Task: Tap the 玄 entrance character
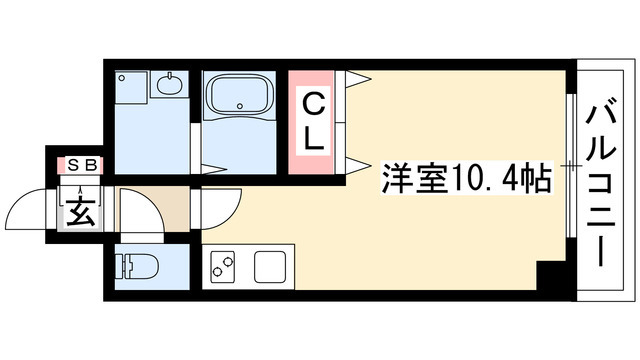(x=80, y=209)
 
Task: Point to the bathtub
(x=239, y=99)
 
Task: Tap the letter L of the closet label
(x=314, y=139)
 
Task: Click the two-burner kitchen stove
(x=222, y=267)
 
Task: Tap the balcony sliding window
(x=570, y=165)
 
